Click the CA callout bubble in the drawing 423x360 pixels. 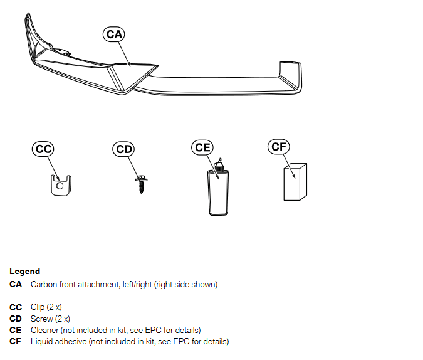(114, 34)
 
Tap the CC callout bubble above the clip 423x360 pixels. (43, 149)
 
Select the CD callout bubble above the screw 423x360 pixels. (125, 149)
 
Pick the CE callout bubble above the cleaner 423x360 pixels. (202, 147)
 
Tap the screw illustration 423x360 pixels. (140, 183)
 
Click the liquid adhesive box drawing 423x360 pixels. (295, 183)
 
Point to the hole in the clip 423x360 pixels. (60, 186)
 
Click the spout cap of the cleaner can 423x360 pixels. (219, 166)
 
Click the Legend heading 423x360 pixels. (24, 272)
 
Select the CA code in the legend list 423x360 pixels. (16, 285)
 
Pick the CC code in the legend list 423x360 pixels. (16, 307)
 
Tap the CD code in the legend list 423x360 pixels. (16, 319)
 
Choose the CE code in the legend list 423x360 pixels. (16, 330)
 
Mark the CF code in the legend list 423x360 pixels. (16, 341)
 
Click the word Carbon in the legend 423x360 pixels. (43, 285)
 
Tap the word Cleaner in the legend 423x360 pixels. (44, 330)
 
